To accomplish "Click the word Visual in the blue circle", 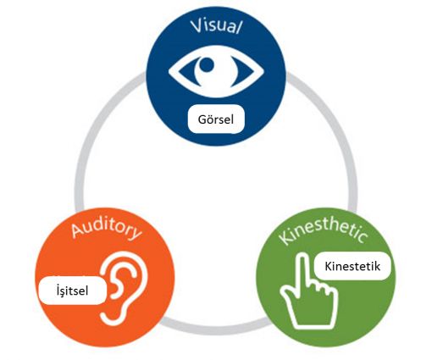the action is coord(216,26).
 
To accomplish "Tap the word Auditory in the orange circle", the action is coord(106,230).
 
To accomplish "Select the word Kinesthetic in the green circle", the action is coord(324,234).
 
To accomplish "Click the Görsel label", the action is coord(216,119).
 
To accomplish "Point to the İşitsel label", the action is coord(73,291).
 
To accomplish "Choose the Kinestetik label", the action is coord(352,266).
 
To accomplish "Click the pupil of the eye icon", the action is coord(207,65).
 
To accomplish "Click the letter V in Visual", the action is coord(197,25).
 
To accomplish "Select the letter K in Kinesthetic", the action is coord(285,238).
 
